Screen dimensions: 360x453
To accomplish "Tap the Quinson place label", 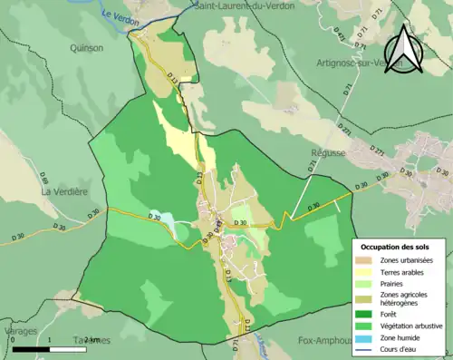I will click(86, 48).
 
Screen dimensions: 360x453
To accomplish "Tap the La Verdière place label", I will click(63, 192).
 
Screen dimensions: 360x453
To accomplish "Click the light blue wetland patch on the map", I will click(160, 219).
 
